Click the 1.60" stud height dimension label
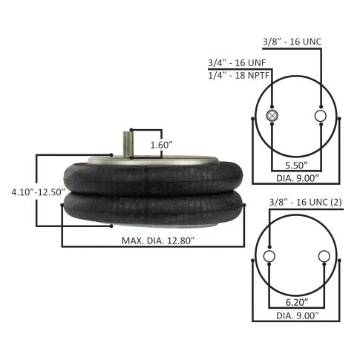pos(161,145)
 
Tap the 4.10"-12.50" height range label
pos(39,192)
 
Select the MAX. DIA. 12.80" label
pos(158,240)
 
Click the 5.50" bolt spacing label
pos(296,165)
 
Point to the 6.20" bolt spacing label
pos(297,302)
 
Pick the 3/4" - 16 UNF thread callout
pos(237,63)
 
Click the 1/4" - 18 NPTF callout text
pos(238,75)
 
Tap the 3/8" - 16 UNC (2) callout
pos(306,202)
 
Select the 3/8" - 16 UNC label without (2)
pos(292,42)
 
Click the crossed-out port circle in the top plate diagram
pos(272,116)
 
